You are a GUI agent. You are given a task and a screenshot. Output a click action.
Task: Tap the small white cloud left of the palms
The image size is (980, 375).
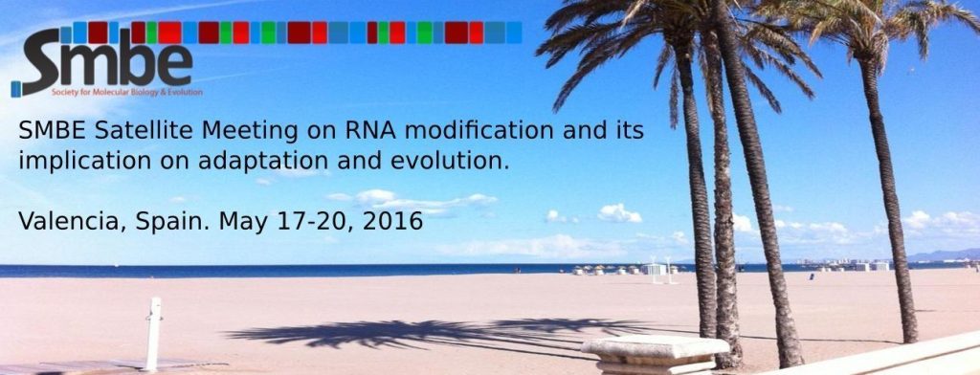pos(619,212)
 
